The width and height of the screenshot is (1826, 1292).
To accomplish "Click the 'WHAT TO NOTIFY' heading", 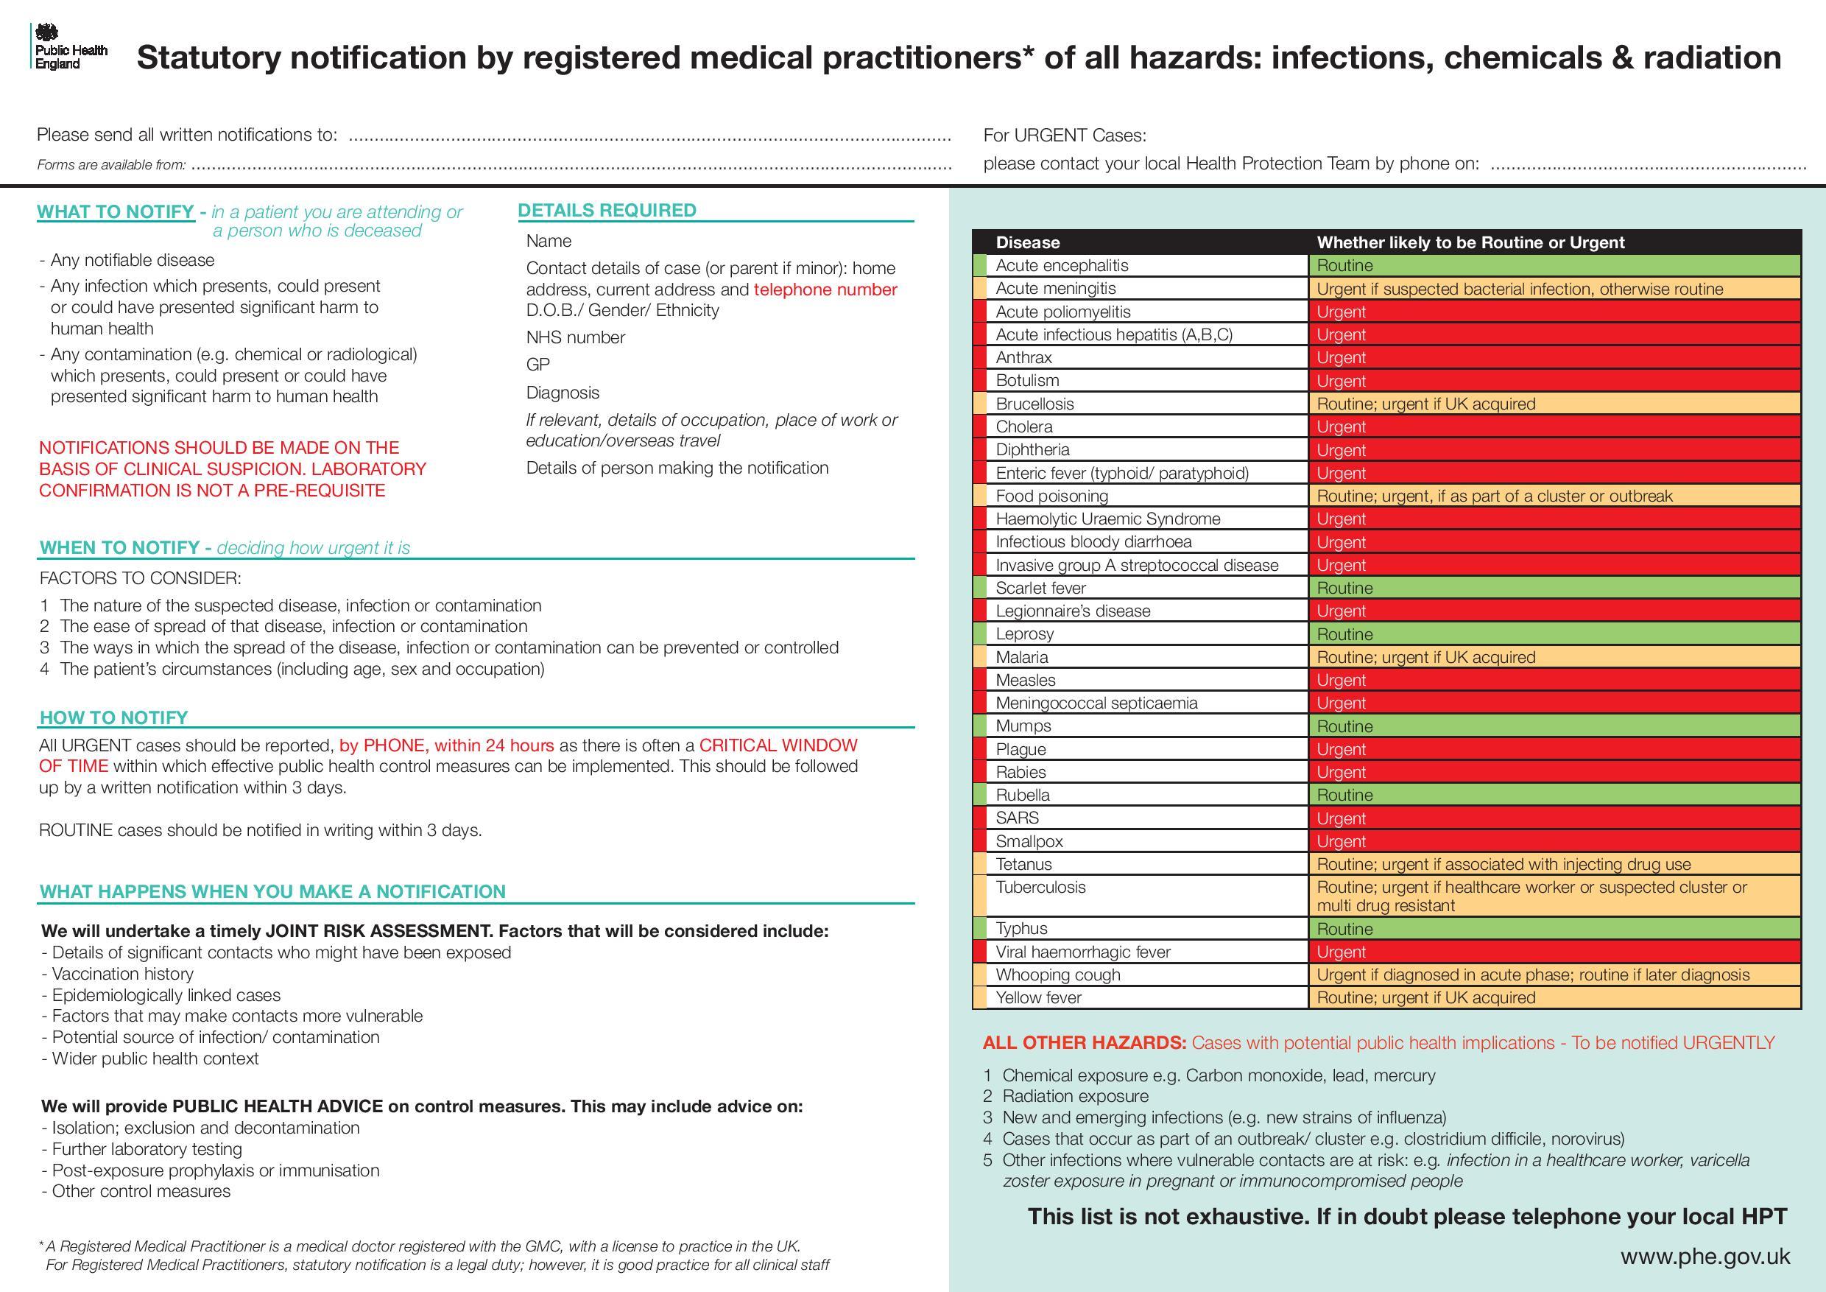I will click(116, 211).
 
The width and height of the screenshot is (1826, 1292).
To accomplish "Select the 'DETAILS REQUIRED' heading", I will click(607, 210).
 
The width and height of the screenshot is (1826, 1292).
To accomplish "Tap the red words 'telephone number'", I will click(825, 289).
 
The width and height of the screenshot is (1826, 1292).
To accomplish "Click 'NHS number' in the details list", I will click(575, 337).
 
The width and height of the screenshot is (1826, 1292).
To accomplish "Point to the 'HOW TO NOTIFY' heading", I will click(113, 717).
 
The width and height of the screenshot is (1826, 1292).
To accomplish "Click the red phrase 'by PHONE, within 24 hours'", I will click(446, 745).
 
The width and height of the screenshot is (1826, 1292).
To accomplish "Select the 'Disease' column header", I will click(1028, 242).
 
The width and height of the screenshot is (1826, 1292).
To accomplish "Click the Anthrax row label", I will click(1023, 358).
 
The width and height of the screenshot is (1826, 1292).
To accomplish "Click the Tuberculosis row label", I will click(1040, 887).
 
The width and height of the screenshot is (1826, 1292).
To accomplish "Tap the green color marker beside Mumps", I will click(979, 726).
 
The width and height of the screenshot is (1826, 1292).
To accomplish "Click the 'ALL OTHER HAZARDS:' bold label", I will click(1084, 1043).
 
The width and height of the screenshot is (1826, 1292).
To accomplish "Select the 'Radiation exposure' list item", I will click(1074, 1096).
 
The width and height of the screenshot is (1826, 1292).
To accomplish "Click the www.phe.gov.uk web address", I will click(1705, 1256).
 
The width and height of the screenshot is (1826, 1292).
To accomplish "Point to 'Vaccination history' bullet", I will click(122, 974).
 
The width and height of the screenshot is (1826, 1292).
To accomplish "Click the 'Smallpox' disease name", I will click(1029, 841).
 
